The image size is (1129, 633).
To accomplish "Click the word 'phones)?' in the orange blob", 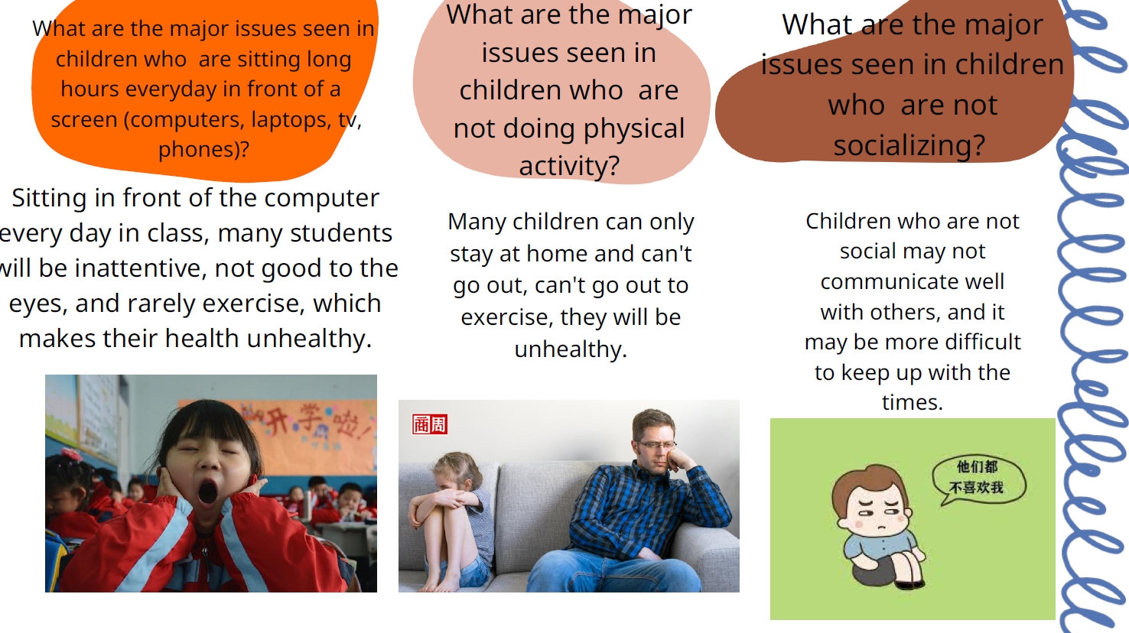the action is [203, 150].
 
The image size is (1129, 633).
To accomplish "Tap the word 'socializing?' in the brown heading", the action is [909, 145].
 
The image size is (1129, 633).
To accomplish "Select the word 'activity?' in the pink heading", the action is [569, 166].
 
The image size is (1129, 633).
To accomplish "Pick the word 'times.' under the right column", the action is [913, 402].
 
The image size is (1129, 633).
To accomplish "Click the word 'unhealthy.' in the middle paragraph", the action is [571, 349].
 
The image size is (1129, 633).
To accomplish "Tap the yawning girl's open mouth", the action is [207, 492].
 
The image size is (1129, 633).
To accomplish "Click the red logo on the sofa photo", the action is [429, 424].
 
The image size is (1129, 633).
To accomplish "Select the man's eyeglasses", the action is [656, 445].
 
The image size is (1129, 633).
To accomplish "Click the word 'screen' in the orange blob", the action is [83, 120].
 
